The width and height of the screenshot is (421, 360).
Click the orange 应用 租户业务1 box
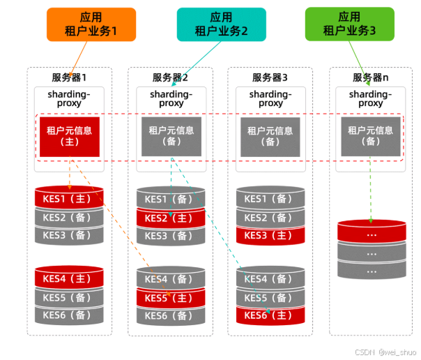(x=91, y=24)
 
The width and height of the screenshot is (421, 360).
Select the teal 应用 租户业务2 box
(x=221, y=24)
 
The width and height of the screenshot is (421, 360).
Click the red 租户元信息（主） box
(x=69, y=135)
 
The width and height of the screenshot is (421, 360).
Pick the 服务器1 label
(x=69, y=77)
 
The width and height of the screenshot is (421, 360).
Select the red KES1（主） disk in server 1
(x=69, y=199)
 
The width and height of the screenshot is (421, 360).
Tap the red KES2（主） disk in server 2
(x=170, y=218)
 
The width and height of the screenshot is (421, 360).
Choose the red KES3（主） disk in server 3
(x=271, y=236)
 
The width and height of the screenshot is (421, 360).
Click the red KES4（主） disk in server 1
(x=69, y=279)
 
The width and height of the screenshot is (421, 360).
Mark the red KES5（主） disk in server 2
(x=170, y=298)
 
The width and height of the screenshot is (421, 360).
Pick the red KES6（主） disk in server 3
(x=271, y=315)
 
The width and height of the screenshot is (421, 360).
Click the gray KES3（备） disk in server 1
(x=69, y=236)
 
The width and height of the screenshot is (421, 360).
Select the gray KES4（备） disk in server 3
(x=271, y=279)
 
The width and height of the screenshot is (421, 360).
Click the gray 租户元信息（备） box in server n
(x=372, y=135)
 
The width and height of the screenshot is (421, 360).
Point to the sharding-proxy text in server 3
(x=270, y=98)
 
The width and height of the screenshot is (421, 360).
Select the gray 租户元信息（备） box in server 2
(x=171, y=135)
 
